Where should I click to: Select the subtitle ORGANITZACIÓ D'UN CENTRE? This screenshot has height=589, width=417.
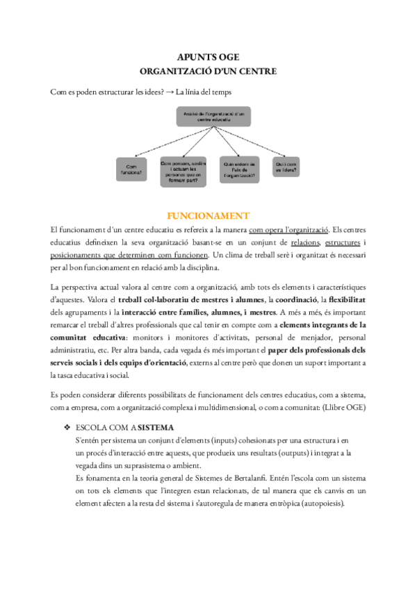click(x=208, y=71)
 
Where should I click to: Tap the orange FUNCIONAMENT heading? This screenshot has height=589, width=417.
click(x=208, y=215)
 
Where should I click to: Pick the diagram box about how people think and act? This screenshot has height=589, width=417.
click(x=184, y=169)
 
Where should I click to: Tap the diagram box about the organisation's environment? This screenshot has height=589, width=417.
click(x=240, y=169)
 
